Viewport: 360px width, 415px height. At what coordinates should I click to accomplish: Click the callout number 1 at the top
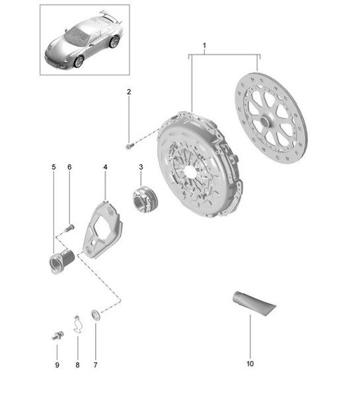tap(204, 46)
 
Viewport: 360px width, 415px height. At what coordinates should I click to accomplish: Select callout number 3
tap(140, 169)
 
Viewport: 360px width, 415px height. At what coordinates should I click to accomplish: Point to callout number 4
tap(105, 169)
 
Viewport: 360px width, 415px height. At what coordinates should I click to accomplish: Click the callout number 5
tap(54, 167)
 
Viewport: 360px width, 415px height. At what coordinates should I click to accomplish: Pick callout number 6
tap(69, 167)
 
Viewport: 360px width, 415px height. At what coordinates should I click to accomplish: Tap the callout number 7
tap(94, 365)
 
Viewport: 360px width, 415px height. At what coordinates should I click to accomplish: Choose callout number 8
tap(76, 365)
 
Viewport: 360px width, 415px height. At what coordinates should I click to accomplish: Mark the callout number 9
tap(57, 365)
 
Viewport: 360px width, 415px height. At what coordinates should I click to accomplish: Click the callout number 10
tap(250, 363)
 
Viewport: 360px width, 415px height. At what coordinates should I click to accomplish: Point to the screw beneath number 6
tap(69, 229)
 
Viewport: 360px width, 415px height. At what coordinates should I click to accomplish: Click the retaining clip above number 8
tap(77, 323)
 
